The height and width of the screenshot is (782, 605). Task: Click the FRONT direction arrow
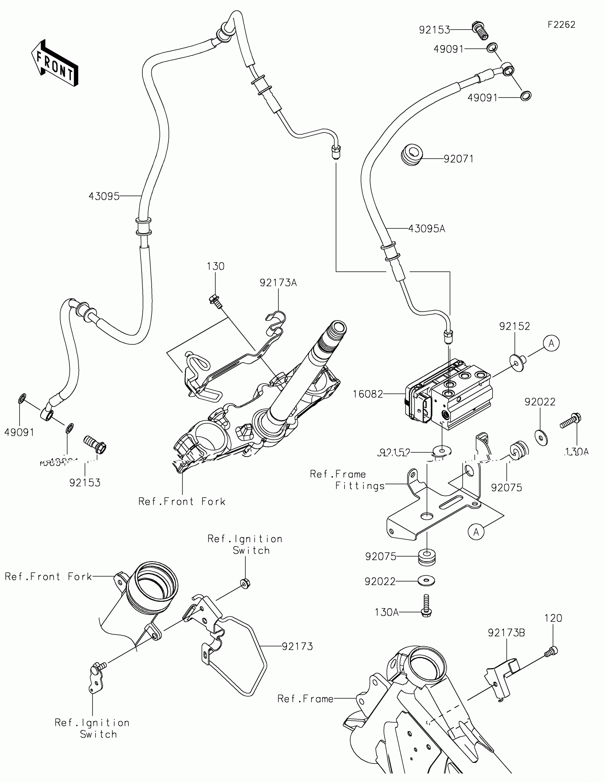(x=54, y=63)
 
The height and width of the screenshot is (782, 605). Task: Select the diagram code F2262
(x=561, y=25)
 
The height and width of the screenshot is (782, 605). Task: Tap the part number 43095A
(x=426, y=229)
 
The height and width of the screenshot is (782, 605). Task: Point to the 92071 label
(x=458, y=158)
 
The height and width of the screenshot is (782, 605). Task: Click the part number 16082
(x=367, y=394)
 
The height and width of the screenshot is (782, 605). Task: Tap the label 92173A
(x=278, y=283)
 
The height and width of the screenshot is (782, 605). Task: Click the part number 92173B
(x=506, y=633)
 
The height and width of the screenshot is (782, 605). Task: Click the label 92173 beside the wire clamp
(x=297, y=646)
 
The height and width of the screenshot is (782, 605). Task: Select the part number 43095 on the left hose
(x=104, y=196)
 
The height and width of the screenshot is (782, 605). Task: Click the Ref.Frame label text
(x=305, y=699)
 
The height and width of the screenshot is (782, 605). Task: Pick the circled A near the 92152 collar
(x=551, y=343)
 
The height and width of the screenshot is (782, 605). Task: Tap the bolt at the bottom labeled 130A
(x=426, y=606)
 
